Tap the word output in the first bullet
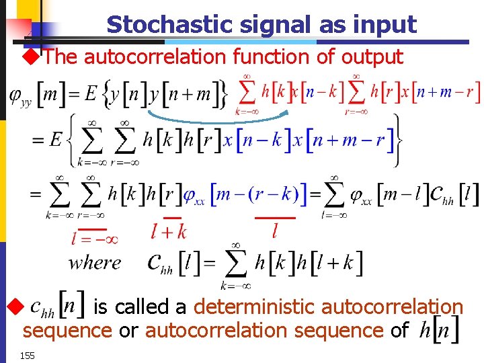point(372,57)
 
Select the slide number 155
point(27,354)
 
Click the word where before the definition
point(95,262)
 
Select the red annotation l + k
point(169,232)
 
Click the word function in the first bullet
point(272,57)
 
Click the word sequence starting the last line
point(67,331)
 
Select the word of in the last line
point(399,331)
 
